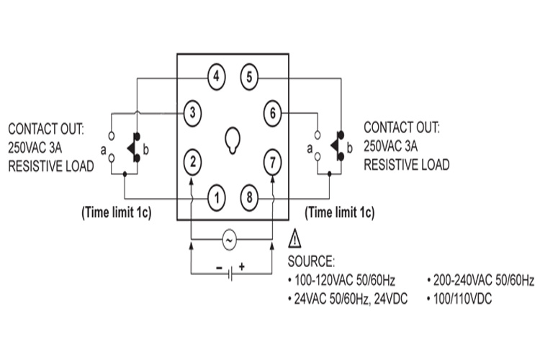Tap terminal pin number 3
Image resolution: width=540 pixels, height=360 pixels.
(x=192, y=112)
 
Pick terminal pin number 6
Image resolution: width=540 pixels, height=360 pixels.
(x=272, y=112)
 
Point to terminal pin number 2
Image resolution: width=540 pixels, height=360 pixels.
(x=192, y=161)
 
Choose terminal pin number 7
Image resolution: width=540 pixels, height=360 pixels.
(x=272, y=161)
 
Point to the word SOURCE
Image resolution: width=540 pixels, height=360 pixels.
(x=311, y=261)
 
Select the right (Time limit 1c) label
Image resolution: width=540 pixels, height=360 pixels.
(x=340, y=213)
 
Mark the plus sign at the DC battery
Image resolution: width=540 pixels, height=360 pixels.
(x=242, y=266)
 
